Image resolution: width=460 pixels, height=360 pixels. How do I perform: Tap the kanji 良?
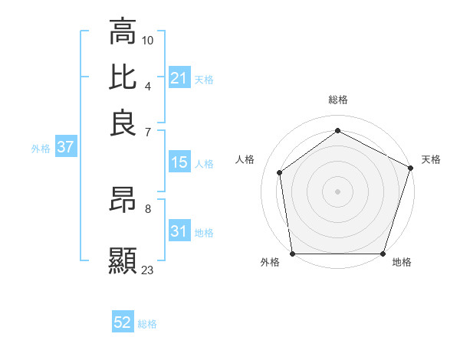pos(123,122)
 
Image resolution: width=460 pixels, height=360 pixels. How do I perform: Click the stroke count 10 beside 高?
pos(148,39)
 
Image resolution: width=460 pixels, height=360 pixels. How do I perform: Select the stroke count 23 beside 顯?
pos(148,270)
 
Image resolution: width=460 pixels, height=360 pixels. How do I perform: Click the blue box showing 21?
pos(179,78)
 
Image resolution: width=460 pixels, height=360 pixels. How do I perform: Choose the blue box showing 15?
pos(179,162)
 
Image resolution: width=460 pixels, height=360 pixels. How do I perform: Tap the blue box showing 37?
pos(65,147)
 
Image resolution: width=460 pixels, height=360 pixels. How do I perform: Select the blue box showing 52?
pos(123,322)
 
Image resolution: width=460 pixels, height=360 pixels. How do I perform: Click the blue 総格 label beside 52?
pos(147,324)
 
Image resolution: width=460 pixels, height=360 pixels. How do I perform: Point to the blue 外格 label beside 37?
pos(41,149)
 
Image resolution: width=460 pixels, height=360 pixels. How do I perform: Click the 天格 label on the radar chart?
pos(431,159)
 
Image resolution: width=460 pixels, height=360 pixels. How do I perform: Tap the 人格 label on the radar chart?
pos(245,159)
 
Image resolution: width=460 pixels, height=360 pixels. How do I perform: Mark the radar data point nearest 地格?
pos(383,254)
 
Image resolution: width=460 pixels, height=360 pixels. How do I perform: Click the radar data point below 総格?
pos(337,131)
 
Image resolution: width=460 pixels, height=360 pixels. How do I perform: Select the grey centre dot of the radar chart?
pos(337,191)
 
